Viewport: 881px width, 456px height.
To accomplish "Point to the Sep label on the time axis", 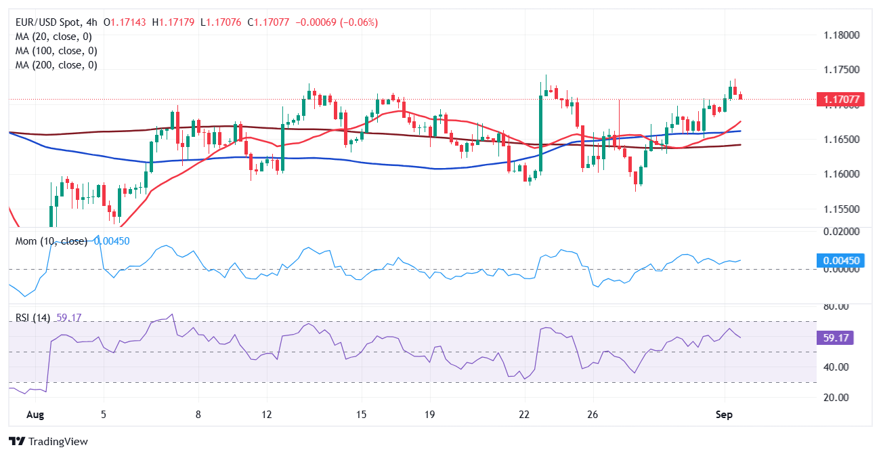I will coord(724,413).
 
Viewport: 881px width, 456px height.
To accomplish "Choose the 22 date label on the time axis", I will coord(523,413).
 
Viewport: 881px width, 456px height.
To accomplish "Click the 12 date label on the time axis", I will coord(267,413).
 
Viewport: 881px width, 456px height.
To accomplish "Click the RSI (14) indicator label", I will coord(32,317).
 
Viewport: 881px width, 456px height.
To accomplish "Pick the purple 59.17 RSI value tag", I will coord(837,338).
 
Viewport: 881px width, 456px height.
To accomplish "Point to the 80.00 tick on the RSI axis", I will coord(837,306).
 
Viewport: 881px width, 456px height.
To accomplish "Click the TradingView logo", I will coord(49,442).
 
